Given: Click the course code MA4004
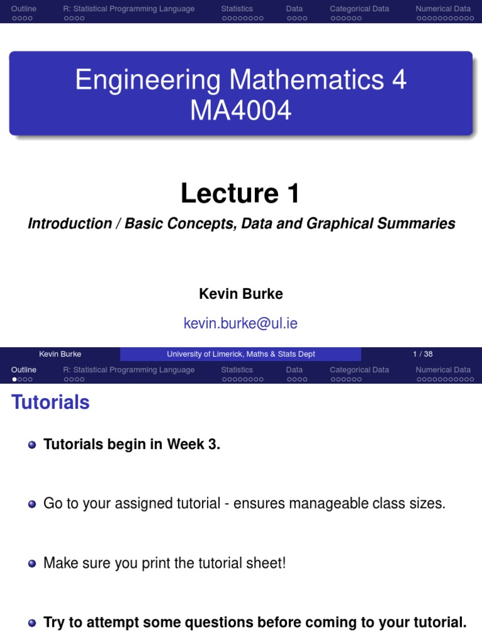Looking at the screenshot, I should pyautogui.click(x=241, y=111).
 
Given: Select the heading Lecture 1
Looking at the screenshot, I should pyautogui.click(x=240, y=193).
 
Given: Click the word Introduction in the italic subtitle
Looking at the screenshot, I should pyautogui.click(x=70, y=224).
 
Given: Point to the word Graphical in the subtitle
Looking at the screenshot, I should pyautogui.click(x=343, y=224).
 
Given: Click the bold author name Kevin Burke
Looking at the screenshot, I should pyautogui.click(x=241, y=294).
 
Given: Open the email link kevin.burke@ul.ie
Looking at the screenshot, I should pyautogui.click(x=240, y=323).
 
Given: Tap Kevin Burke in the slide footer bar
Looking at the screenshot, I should pyautogui.click(x=60, y=354).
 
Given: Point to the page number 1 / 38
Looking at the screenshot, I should pyautogui.click(x=422, y=354).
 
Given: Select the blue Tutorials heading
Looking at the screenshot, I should pyautogui.click(x=51, y=403).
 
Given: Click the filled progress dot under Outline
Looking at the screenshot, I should pyautogui.click(x=14, y=379).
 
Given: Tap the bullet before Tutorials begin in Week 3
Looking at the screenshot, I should pyautogui.click(x=32, y=445).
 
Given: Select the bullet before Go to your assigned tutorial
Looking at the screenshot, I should pyautogui.click(x=32, y=504).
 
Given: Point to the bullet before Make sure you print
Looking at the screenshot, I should pyautogui.click(x=32, y=564).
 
